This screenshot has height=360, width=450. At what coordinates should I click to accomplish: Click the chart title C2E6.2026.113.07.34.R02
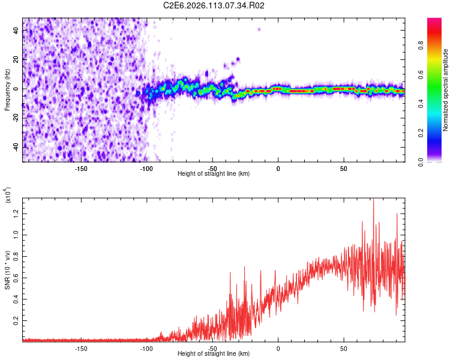coord(214,6)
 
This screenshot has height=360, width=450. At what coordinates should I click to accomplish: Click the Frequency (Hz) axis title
coord(7,89)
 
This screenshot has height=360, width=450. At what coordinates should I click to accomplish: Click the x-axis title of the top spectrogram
coord(214,173)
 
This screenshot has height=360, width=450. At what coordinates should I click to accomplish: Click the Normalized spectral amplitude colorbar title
coord(446,89)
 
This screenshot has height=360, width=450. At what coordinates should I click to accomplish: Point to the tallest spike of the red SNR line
coord(373,199)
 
